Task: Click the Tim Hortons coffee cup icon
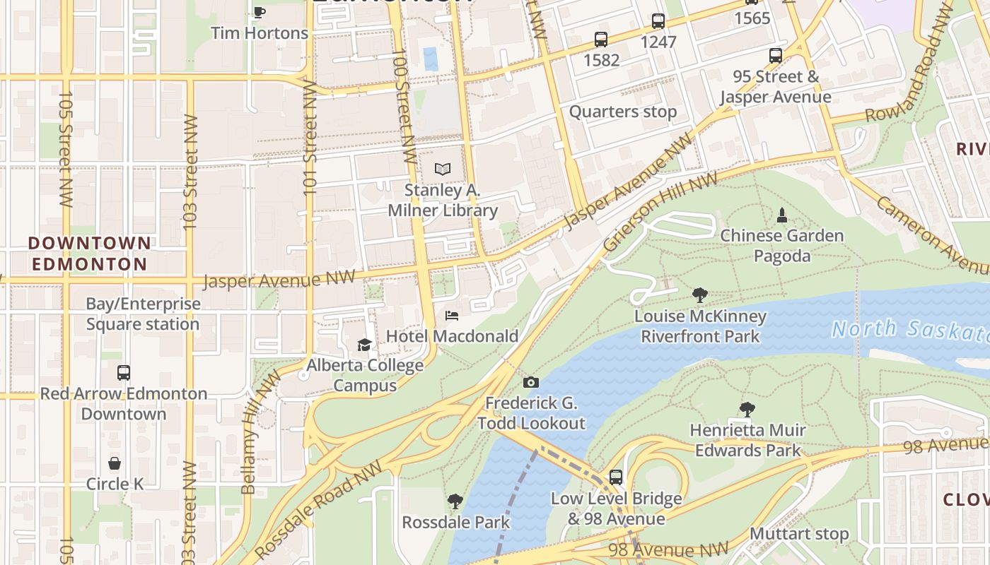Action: [259, 12]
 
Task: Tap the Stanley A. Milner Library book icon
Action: [443, 169]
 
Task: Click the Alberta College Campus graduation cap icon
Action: [364, 345]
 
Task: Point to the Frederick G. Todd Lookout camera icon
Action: [531, 383]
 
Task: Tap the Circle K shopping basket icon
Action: [115, 463]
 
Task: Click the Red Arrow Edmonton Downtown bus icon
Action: [124, 372]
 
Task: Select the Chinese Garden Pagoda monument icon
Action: [782, 215]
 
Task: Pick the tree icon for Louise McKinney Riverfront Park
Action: [700, 295]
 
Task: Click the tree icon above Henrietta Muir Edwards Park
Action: [747, 409]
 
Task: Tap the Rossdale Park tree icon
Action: [455, 501]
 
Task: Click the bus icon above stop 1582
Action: [601, 40]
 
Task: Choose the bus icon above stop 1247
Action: [658, 21]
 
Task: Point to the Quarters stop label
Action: [622, 112]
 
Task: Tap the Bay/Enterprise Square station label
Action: [143, 314]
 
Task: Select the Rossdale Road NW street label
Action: [319, 509]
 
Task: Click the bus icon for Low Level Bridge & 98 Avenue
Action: [616, 477]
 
